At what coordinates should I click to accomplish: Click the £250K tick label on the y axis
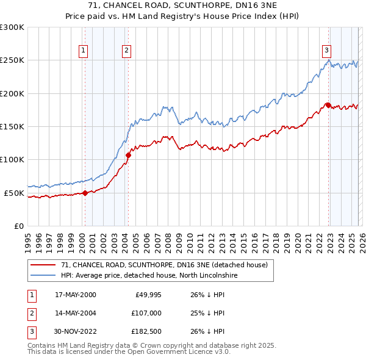click(12, 60)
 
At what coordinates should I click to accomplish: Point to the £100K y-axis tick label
click(12, 160)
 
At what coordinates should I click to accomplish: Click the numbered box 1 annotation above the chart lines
click(82, 51)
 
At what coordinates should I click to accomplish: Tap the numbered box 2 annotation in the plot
click(126, 51)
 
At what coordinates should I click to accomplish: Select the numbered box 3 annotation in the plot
click(326, 51)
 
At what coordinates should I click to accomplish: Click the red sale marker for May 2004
click(128, 155)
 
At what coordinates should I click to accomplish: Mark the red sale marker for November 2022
click(328, 105)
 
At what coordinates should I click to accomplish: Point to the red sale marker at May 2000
click(85, 193)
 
